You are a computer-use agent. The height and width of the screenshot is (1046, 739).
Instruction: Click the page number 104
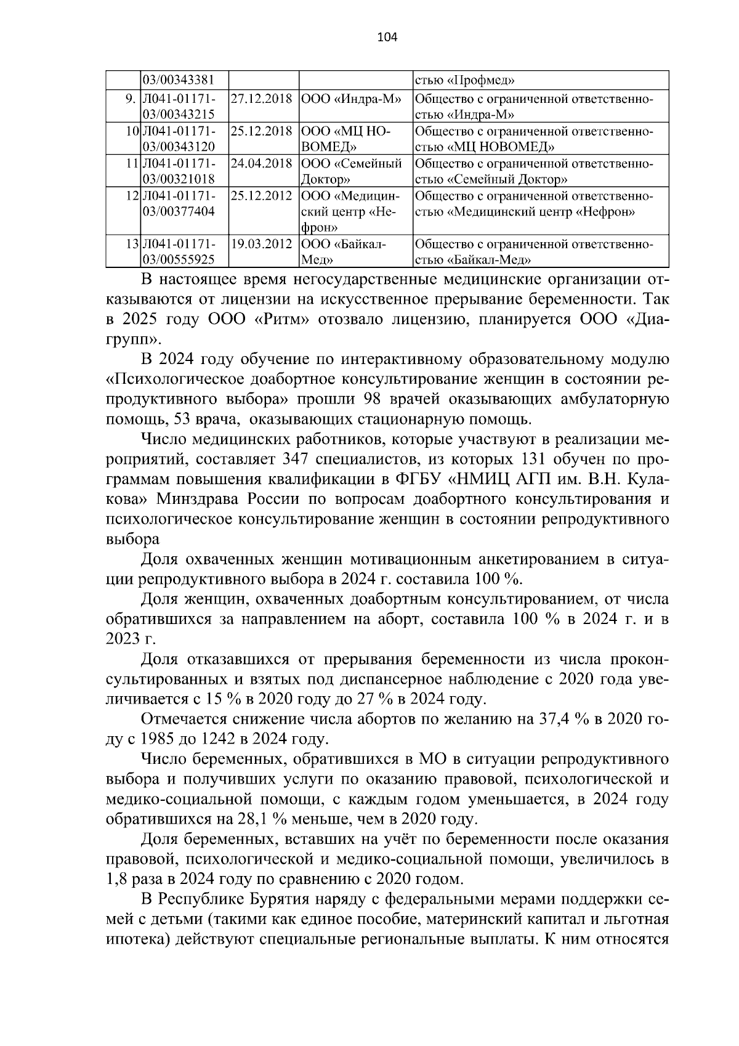pyautogui.click(x=387, y=38)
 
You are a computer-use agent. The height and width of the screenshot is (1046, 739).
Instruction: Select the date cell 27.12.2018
pyautogui.click(x=261, y=99)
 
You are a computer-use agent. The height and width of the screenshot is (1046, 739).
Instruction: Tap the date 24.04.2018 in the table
pyautogui.click(x=261, y=164)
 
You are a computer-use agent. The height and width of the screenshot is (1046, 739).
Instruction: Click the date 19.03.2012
pyautogui.click(x=261, y=244)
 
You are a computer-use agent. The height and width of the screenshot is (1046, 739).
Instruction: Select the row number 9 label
pyautogui.click(x=130, y=99)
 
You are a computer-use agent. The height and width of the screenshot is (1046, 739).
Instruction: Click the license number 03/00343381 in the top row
pyautogui.click(x=179, y=81)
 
